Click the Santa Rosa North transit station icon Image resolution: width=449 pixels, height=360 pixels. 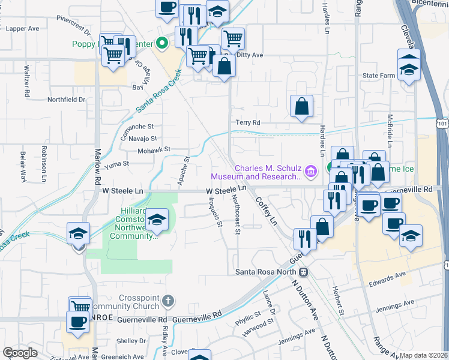pos(304,272)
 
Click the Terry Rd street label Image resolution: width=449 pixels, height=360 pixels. pos(247,122)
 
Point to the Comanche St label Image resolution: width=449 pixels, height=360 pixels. pos(137,127)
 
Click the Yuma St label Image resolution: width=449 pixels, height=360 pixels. pos(117,163)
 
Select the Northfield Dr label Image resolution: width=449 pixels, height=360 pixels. pos(66,100)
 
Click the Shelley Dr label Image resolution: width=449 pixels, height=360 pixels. pos(127,340)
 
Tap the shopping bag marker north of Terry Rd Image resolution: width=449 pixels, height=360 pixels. pos(301,106)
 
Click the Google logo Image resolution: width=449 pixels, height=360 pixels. pos(20,353)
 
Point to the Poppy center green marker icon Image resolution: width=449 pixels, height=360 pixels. pos(161,43)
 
